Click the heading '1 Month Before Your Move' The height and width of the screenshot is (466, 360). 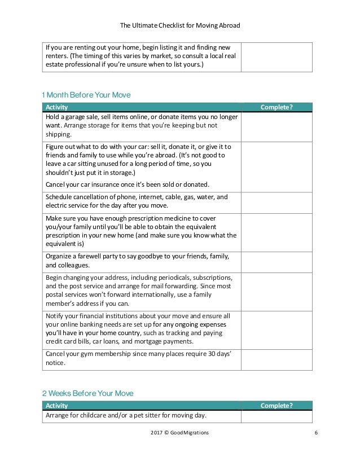pos(86,95)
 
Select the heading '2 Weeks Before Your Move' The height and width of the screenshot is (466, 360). pos(87,393)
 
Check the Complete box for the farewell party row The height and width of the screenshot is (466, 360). pos(276,260)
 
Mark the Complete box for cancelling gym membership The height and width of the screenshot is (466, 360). pos(276,358)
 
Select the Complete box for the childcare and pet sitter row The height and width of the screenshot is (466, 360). pos(276,416)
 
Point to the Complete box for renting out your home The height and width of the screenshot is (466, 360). pos(276,56)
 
